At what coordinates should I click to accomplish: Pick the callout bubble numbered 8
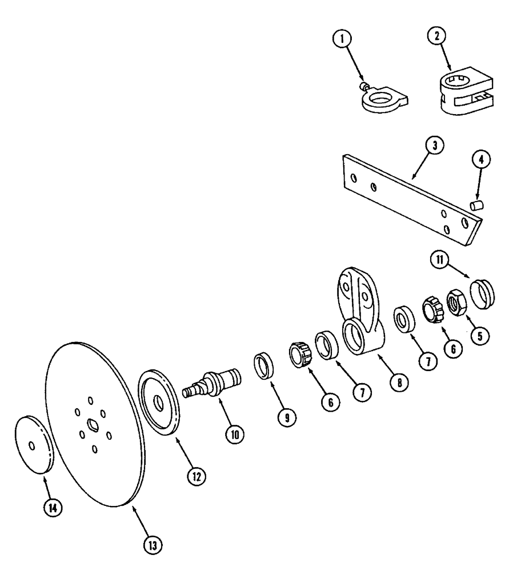(x=398, y=384)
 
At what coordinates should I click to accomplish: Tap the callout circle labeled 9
(x=287, y=417)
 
